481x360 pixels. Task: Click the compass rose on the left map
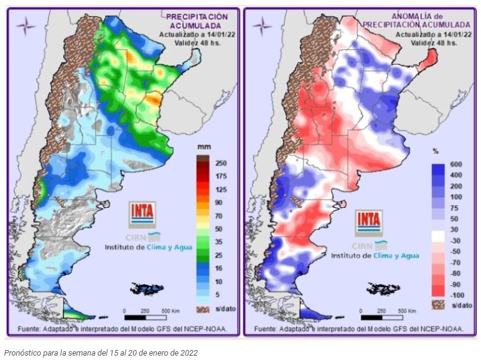[26, 26]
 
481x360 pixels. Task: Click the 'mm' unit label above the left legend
[203, 147]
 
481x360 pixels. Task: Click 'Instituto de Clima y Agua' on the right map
[375, 256]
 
